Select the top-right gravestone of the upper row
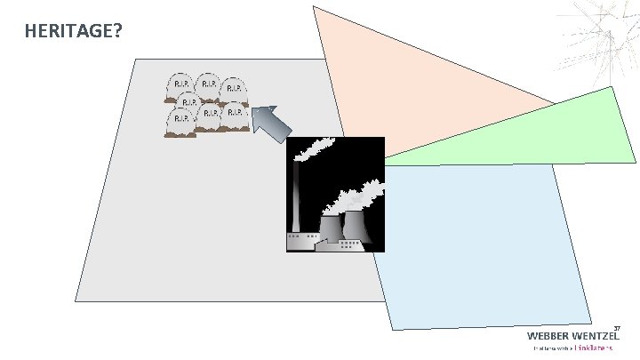[234, 90]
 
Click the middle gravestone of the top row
[208, 84]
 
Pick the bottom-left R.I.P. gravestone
[180, 120]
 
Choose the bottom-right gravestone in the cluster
[234, 116]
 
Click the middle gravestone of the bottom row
[210, 116]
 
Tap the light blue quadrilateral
[480, 240]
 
